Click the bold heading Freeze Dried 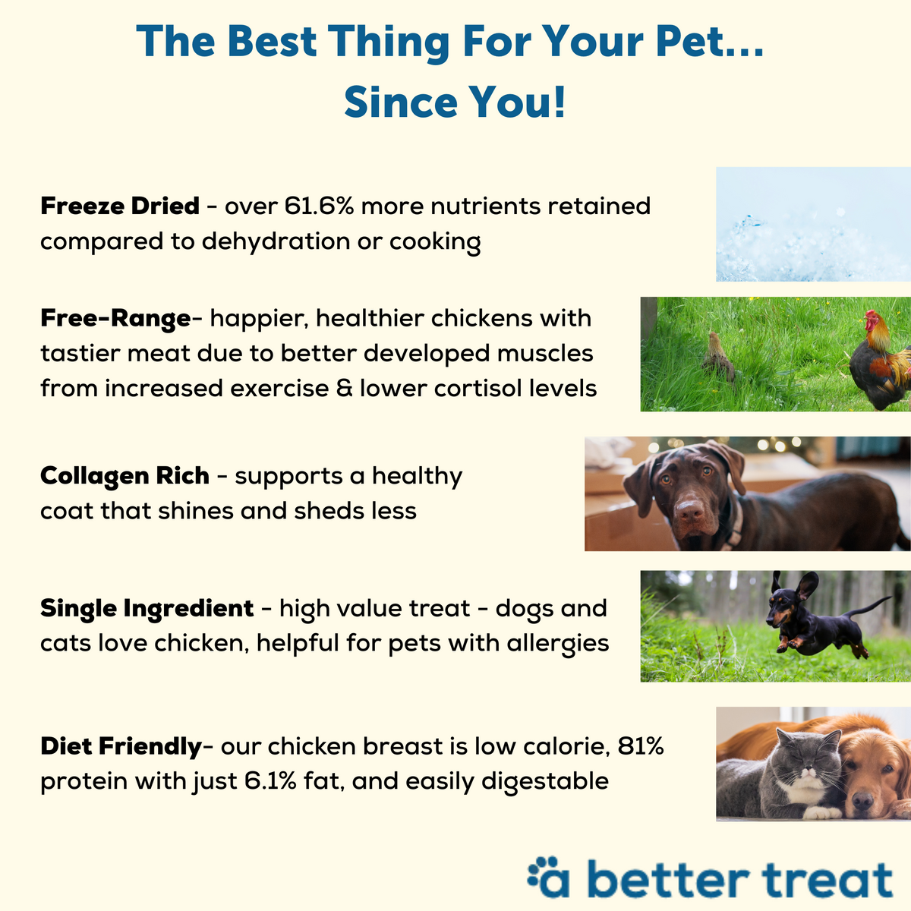(x=119, y=206)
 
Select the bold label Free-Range (x=115, y=317)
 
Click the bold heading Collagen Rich (x=125, y=476)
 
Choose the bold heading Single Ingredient (x=147, y=608)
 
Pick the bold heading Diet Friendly (x=121, y=746)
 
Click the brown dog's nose (x=690, y=508)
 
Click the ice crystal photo (x=812, y=224)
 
